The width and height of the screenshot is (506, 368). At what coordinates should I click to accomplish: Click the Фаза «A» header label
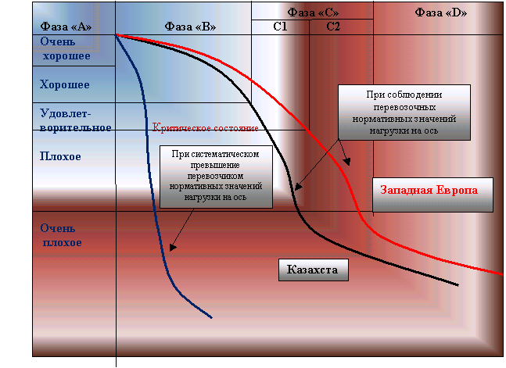pyautogui.click(x=66, y=27)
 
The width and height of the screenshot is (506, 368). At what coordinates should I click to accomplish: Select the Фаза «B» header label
pyautogui.click(x=190, y=27)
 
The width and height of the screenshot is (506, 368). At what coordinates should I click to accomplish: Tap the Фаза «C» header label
pyautogui.click(x=313, y=13)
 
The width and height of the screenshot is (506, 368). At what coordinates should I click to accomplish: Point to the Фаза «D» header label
pyautogui.click(x=441, y=13)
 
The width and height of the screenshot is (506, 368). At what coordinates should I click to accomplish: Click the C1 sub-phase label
pyautogui.click(x=280, y=27)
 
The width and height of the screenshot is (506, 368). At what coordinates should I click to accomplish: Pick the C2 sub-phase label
pyautogui.click(x=333, y=27)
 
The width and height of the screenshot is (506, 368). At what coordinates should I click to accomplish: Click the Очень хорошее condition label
pyautogui.click(x=65, y=48)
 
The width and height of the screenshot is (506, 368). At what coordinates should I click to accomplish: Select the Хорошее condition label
pyautogui.click(x=65, y=85)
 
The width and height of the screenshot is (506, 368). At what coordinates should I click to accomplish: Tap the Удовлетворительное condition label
pyautogui.click(x=76, y=120)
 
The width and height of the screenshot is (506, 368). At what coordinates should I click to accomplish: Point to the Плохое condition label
pyautogui.click(x=60, y=156)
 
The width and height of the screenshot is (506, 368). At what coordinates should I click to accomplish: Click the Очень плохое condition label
pyautogui.click(x=61, y=235)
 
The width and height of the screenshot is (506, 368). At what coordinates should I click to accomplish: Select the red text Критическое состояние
pyautogui.click(x=205, y=127)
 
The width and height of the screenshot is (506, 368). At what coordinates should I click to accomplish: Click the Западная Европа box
pyautogui.click(x=432, y=195)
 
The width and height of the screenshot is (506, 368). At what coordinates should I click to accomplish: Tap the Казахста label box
pyautogui.click(x=314, y=270)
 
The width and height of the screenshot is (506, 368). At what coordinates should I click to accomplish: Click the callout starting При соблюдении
pyautogui.click(x=404, y=113)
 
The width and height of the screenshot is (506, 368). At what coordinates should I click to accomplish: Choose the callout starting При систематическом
pyautogui.click(x=216, y=177)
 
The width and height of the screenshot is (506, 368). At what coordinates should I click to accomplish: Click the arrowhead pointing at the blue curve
pyautogui.click(x=173, y=247)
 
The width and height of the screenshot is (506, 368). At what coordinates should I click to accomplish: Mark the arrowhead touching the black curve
pyautogui.click(x=298, y=187)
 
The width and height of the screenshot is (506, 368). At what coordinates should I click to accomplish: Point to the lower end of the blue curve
pyautogui.click(x=212, y=318)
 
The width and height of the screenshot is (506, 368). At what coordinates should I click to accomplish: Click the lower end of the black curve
pyautogui.click(x=458, y=285)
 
